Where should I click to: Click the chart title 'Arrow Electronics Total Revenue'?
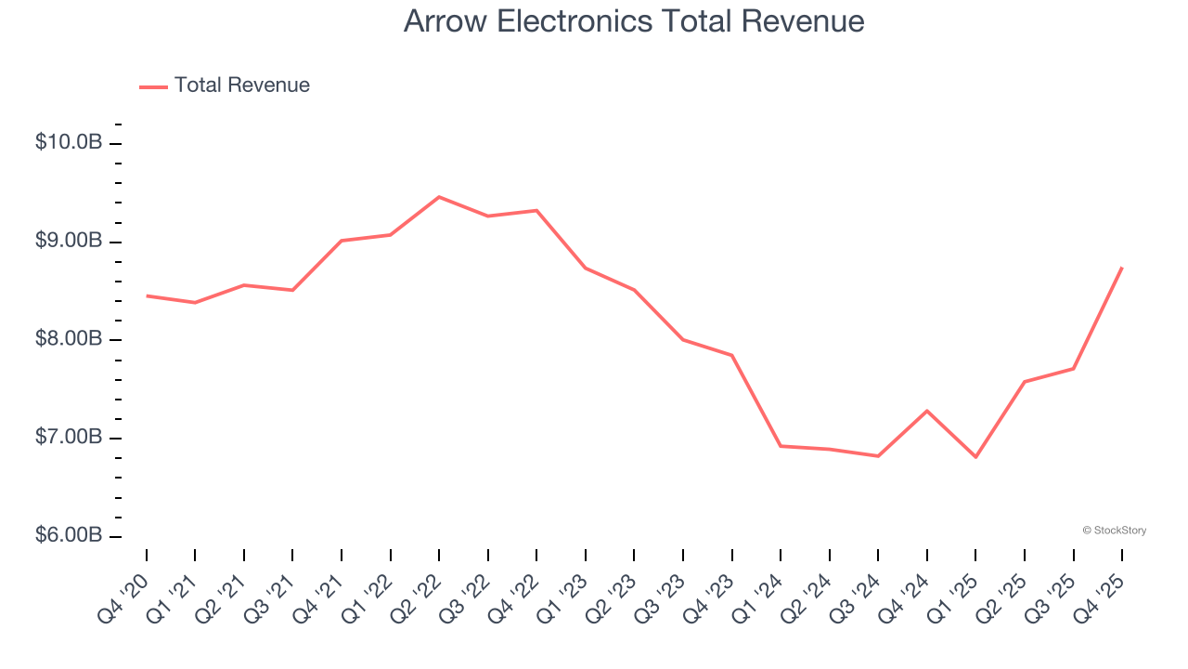(x=634, y=21)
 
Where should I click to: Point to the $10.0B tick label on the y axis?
(x=69, y=143)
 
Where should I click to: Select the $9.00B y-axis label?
(x=69, y=242)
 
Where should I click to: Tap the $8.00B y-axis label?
(x=69, y=339)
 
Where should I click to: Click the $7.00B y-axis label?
(x=69, y=438)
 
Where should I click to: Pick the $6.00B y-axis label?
(x=69, y=536)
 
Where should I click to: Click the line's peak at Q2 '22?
(x=439, y=197)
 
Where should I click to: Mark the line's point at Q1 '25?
(x=975, y=457)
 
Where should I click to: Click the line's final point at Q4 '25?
(x=1122, y=268)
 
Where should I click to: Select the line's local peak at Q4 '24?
(x=927, y=411)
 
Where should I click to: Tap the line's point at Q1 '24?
(x=781, y=446)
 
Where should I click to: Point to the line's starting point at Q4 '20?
(x=147, y=295)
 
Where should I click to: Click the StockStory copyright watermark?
(x=1114, y=531)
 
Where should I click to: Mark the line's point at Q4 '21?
(x=342, y=241)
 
